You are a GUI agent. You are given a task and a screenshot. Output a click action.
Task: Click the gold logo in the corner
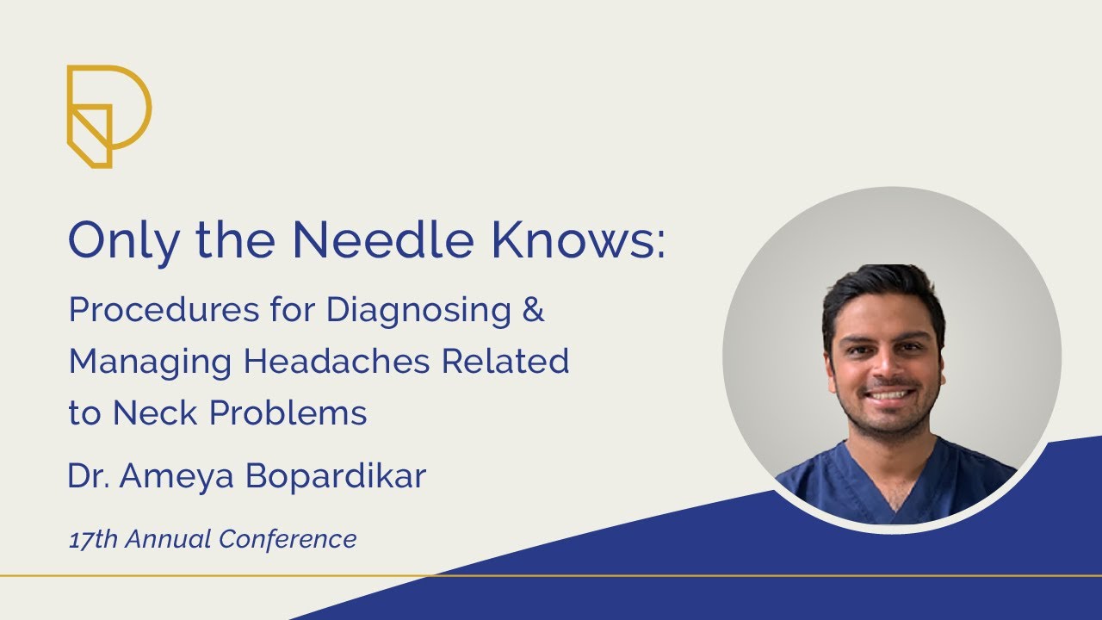coord(108,115)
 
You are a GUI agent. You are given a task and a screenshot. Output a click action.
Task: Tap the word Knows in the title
coord(578,240)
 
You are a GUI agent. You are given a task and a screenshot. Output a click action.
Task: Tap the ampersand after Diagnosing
coord(534,311)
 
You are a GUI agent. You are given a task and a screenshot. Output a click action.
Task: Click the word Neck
coord(155,414)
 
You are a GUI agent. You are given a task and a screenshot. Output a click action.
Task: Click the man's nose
coord(886,365)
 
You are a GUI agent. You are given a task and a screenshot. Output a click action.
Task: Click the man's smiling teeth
coord(888,395)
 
